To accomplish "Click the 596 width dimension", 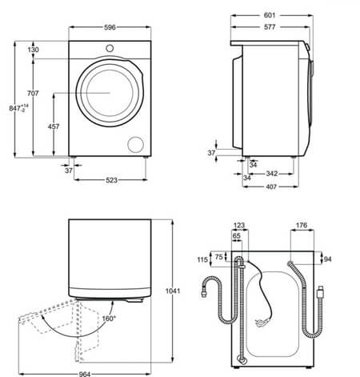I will coord(110,28).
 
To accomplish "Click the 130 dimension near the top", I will coord(33,50).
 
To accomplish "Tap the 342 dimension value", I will coord(271,173).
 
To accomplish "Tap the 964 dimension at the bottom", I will coord(84,373).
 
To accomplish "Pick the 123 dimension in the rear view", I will coord(238,227).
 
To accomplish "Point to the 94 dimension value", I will coord(328,259).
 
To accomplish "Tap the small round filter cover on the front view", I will coord(137,143).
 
